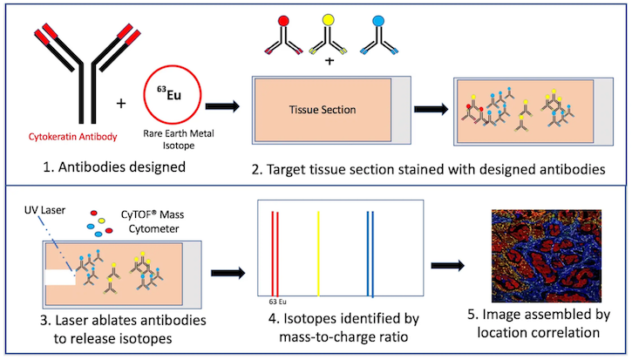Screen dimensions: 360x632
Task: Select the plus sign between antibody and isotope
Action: pyautogui.click(x=120, y=104)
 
